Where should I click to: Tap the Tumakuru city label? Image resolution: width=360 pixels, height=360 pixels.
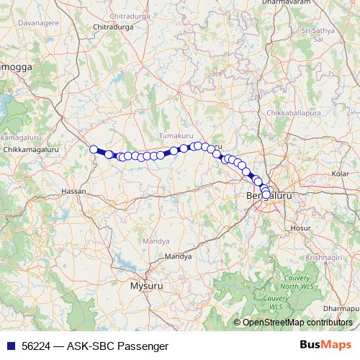[x=177, y=135]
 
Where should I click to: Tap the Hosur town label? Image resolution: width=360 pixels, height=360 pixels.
[x=299, y=227]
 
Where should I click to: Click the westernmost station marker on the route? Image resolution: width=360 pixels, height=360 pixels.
[x=94, y=149]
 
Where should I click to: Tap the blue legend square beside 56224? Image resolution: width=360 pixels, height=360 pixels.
[x=11, y=346]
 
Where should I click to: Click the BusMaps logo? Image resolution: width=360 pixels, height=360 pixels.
[x=327, y=346]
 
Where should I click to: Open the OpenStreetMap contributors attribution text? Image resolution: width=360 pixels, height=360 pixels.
[x=297, y=323]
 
